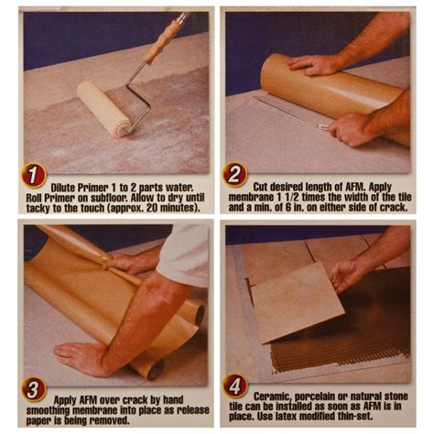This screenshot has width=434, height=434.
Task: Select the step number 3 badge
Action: (x=34, y=390)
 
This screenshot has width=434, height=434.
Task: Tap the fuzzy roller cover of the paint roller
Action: (x=104, y=108)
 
